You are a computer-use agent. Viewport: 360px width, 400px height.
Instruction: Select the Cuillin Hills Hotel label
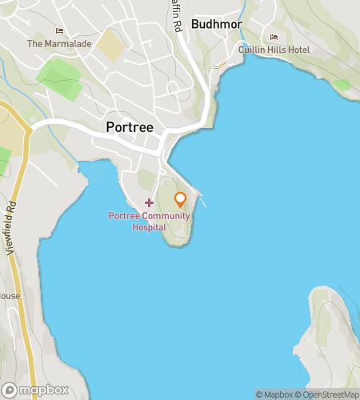click(274, 50)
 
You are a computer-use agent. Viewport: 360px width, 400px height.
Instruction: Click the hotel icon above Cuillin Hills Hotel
click(274, 38)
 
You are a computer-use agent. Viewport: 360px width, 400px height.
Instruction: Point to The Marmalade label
click(59, 44)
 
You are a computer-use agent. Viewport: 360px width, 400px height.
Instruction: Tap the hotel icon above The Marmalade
click(59, 31)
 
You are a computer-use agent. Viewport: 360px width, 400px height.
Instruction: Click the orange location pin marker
click(181, 198)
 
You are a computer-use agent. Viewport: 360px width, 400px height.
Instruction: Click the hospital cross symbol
click(149, 203)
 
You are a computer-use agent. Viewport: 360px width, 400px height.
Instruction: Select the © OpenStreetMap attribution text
click(329, 394)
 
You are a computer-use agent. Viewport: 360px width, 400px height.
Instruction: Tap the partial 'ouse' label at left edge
click(10, 296)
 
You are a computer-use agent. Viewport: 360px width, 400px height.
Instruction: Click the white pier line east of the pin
click(202, 200)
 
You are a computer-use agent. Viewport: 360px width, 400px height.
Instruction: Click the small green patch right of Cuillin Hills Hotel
click(342, 84)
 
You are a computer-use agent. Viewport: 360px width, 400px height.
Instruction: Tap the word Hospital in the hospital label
click(150, 226)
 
